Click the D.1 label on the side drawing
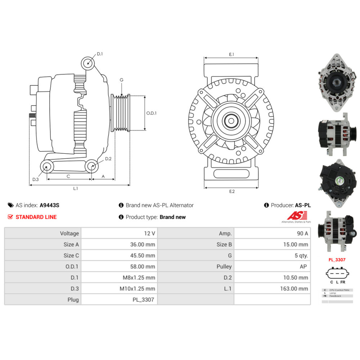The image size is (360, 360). click(x=100, y=54)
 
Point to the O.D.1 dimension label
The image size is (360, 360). click(x=152, y=113)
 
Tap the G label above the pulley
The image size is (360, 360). click(x=122, y=80)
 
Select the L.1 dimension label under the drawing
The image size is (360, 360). click(x=76, y=188)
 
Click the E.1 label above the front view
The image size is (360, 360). click(x=231, y=54)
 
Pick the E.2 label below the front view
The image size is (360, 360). click(x=231, y=191)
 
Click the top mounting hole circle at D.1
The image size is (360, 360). click(x=87, y=63)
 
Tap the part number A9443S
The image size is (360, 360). click(x=49, y=205)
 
